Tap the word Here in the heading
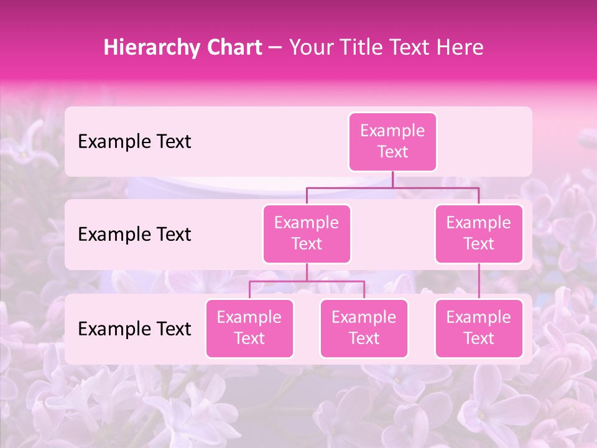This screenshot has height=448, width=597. click(x=458, y=48)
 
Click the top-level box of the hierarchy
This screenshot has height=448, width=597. click(x=392, y=142)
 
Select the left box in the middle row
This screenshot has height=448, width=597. click(x=307, y=234)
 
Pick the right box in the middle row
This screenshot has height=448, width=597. click(x=479, y=234)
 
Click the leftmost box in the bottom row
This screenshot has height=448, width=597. click(x=249, y=329)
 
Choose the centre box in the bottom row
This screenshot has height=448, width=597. click(x=364, y=329)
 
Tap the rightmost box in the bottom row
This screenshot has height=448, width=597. click(x=479, y=329)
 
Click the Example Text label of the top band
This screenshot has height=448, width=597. click(x=134, y=142)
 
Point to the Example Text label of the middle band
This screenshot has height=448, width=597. click(x=134, y=235)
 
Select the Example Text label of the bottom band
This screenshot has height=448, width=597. click(x=134, y=329)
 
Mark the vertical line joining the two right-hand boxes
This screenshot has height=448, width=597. click(x=479, y=281)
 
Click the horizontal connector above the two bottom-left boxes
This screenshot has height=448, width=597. click(x=307, y=281)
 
